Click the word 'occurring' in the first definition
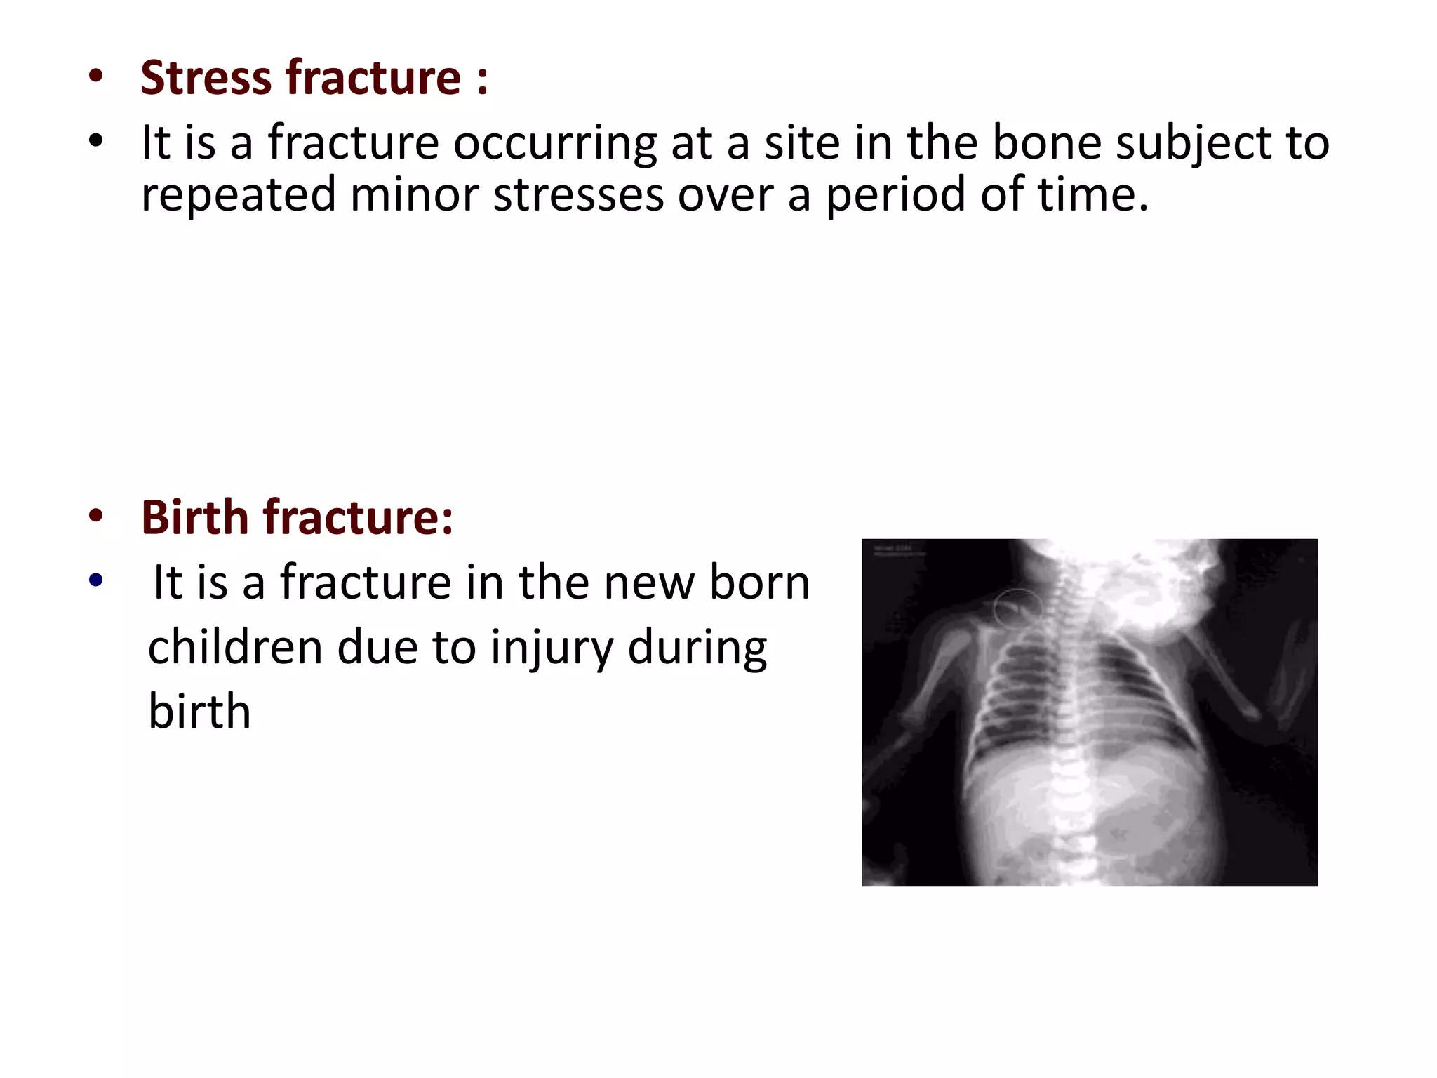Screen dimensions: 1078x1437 [554, 143]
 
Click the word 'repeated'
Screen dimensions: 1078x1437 [239, 195]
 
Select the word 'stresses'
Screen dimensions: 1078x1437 [578, 195]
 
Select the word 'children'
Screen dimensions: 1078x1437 [234, 647]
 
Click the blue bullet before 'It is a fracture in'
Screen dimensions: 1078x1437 [96, 581]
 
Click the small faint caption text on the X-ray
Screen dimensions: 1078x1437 [898, 550]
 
